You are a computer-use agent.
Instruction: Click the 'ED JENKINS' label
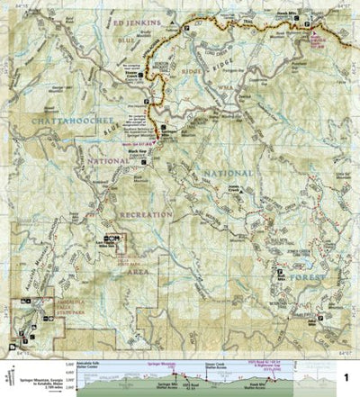137,18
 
